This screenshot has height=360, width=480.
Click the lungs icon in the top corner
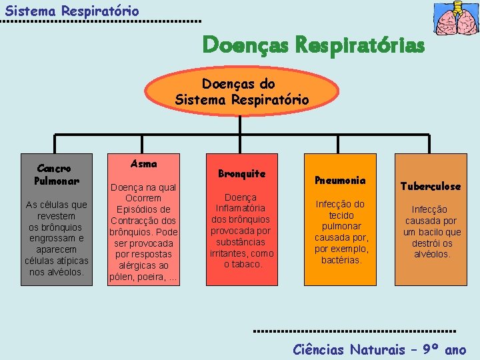click(x=455, y=18)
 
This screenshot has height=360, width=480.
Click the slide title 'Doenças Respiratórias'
click(x=313, y=45)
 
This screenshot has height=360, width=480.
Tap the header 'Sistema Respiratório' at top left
click(x=72, y=11)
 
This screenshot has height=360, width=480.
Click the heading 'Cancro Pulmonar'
click(x=56, y=175)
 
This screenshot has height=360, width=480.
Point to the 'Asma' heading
click(x=144, y=163)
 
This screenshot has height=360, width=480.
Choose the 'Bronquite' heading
click(x=242, y=174)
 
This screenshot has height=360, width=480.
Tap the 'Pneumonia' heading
click(x=340, y=180)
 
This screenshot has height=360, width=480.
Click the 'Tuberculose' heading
click(x=431, y=186)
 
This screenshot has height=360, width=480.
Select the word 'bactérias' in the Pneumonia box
click(x=341, y=260)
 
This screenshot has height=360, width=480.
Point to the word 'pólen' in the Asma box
click(x=122, y=277)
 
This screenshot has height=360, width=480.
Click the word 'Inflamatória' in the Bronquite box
click(x=241, y=209)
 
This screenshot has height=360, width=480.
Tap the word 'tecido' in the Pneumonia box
click(x=341, y=215)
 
